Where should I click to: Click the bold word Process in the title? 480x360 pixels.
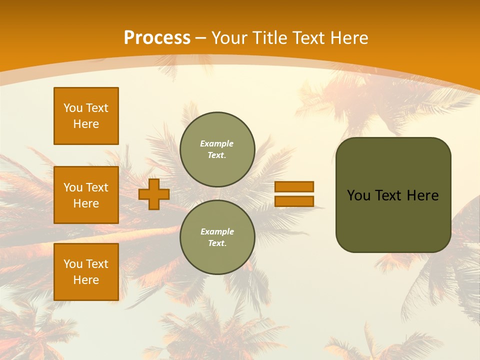pyautogui.click(x=157, y=38)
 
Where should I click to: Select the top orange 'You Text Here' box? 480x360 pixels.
pyautogui.click(x=86, y=116)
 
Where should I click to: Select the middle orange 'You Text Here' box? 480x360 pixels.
pyautogui.click(x=86, y=195)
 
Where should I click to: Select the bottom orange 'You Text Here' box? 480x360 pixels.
pyautogui.click(x=86, y=271)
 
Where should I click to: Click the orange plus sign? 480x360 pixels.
pyautogui.click(x=154, y=194)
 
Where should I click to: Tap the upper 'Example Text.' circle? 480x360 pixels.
pyautogui.click(x=217, y=149)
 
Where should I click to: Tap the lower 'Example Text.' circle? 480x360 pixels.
pyautogui.click(x=217, y=237)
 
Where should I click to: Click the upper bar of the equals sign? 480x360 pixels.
pyautogui.click(x=294, y=186)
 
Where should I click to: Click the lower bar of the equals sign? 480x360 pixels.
pyautogui.click(x=294, y=201)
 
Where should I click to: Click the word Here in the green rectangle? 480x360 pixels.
pyautogui.click(x=422, y=195)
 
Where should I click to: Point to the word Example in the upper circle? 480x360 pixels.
pyautogui.click(x=217, y=143)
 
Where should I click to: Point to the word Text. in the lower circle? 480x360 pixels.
pyautogui.click(x=217, y=243)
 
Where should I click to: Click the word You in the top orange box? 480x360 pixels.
pyautogui.click(x=72, y=108)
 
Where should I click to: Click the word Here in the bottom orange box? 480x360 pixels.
pyautogui.click(x=86, y=280)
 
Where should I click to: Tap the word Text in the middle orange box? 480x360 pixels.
pyautogui.click(x=96, y=187)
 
